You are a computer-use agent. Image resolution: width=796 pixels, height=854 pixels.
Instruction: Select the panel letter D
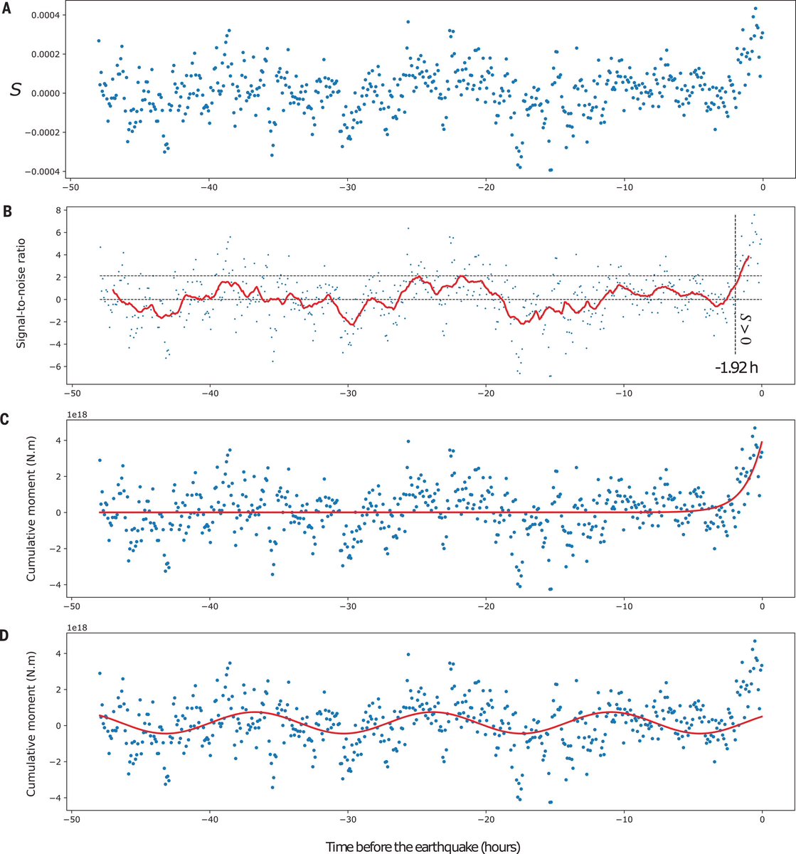[6, 631]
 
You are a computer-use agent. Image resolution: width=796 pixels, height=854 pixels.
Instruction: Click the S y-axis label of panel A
[14, 90]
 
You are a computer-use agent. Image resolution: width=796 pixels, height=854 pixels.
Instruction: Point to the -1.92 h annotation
[733, 369]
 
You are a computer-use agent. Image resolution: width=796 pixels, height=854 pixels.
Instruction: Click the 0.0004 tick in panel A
[42, 15]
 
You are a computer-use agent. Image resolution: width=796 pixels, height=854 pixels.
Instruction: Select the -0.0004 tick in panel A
[40, 172]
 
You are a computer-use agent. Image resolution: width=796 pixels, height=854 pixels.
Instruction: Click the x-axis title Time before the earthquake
[423, 846]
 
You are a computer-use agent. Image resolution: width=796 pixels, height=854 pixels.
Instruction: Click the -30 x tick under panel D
[347, 821]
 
